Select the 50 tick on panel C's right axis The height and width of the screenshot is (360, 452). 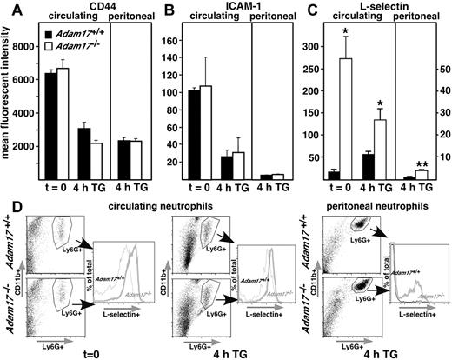pyautogui.click(x=441, y=65)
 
